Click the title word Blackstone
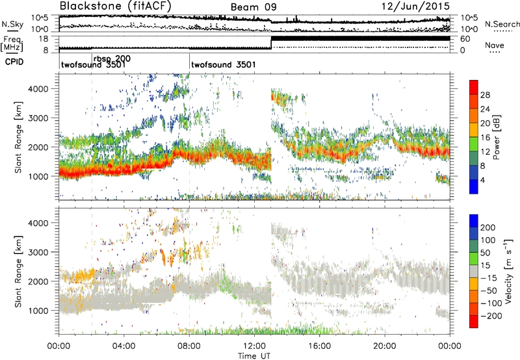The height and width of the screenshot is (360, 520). [x=88, y=6]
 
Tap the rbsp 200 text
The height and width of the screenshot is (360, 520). [x=112, y=58]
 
